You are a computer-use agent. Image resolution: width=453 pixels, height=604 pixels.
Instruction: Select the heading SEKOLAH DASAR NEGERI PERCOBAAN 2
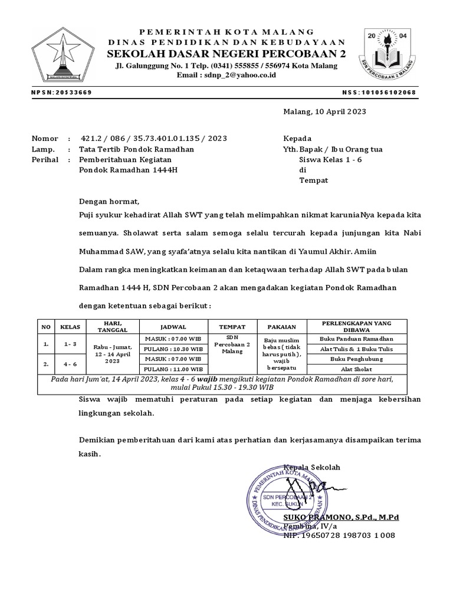(x=226, y=54)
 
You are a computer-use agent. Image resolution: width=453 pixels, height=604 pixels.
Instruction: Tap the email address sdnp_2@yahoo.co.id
(x=226, y=76)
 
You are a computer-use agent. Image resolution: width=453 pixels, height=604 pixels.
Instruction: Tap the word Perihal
(x=45, y=160)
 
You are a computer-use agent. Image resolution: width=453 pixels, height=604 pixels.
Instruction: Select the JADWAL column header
(x=173, y=326)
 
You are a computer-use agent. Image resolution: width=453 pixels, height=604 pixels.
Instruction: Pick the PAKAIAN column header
(x=281, y=326)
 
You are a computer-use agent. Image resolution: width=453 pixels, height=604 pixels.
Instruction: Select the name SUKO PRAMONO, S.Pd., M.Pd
(x=341, y=517)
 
